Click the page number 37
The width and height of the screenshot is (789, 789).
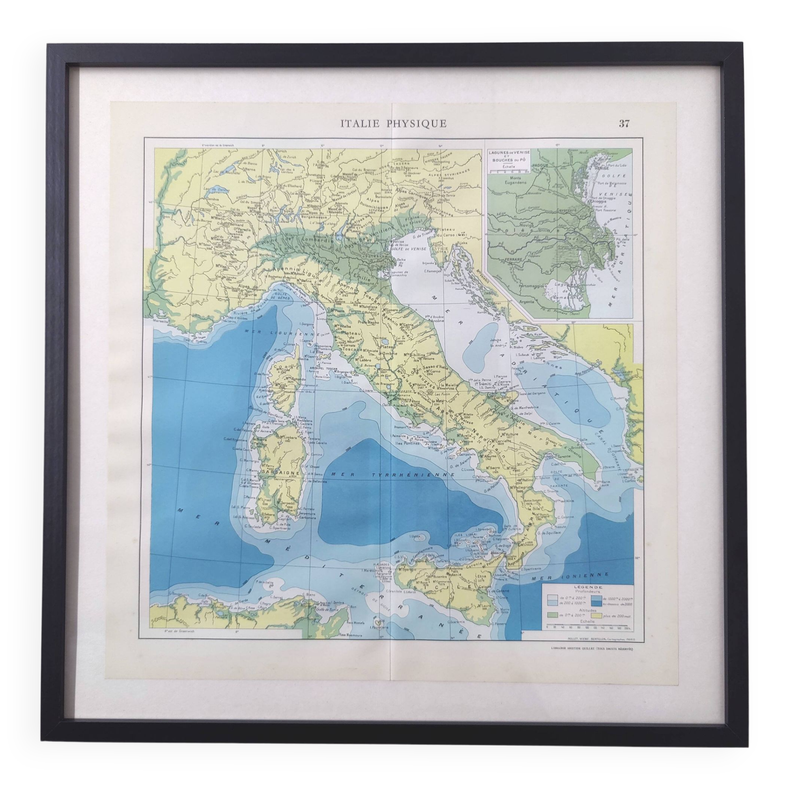[624, 124]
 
